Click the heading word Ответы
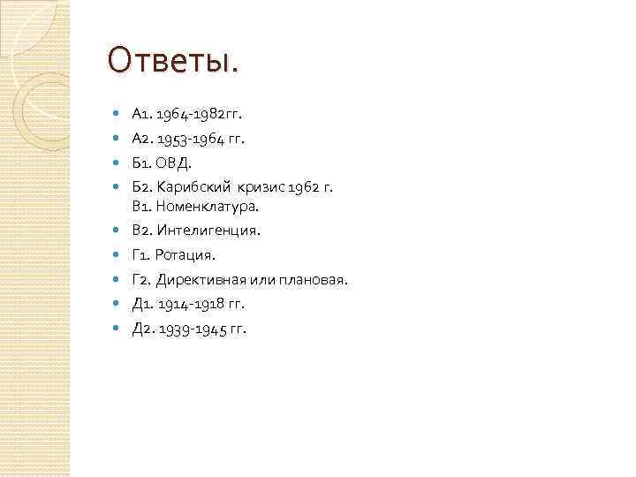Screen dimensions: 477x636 172,62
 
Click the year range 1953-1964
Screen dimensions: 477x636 191,139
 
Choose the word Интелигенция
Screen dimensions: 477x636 208,231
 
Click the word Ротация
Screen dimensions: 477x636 184,255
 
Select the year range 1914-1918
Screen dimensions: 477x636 192,304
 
